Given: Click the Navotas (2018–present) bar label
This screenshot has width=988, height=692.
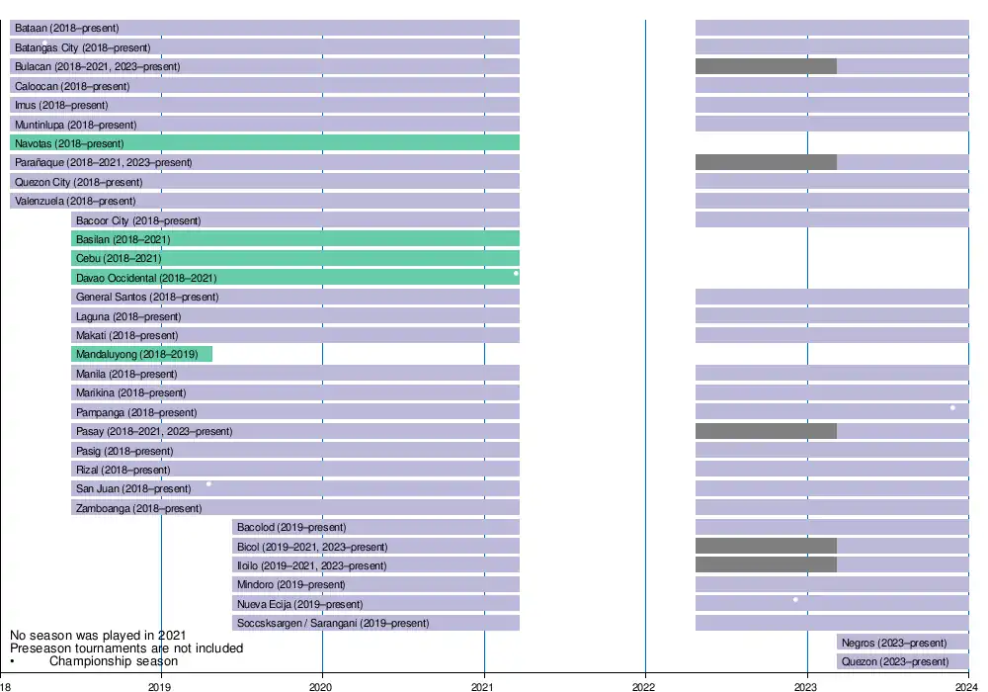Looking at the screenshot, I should click(69, 143).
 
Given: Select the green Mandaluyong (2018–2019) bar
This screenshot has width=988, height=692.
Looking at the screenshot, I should click(142, 354).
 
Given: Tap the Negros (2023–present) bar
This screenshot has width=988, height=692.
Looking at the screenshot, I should click(902, 643).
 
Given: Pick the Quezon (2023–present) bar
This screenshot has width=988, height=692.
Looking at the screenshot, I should click(902, 661).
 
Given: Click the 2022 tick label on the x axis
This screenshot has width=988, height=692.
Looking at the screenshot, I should click(644, 684).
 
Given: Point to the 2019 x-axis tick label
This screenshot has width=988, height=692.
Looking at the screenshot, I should click(160, 684).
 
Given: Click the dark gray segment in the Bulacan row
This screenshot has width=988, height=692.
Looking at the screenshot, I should click(766, 66).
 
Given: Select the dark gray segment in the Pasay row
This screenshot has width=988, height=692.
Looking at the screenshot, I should click(766, 431).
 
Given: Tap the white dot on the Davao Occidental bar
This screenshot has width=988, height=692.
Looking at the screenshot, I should click(516, 273).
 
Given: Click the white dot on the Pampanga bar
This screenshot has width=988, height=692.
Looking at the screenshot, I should click(952, 407).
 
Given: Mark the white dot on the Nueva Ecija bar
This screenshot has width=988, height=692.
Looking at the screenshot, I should click(795, 599).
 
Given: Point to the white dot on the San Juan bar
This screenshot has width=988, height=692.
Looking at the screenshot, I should click(208, 483).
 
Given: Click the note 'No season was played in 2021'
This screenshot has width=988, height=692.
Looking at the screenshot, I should click(98, 635).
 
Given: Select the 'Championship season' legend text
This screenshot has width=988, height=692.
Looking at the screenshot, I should click(114, 660).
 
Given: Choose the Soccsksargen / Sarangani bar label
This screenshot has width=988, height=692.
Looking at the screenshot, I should click(333, 623).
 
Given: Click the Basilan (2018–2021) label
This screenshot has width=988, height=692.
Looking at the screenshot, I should click(123, 239).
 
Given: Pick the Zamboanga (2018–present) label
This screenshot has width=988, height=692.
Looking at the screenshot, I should click(138, 508).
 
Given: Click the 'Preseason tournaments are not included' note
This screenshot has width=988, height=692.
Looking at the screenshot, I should click(126, 648).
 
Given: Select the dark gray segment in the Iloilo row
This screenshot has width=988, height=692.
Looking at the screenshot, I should click(766, 565).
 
